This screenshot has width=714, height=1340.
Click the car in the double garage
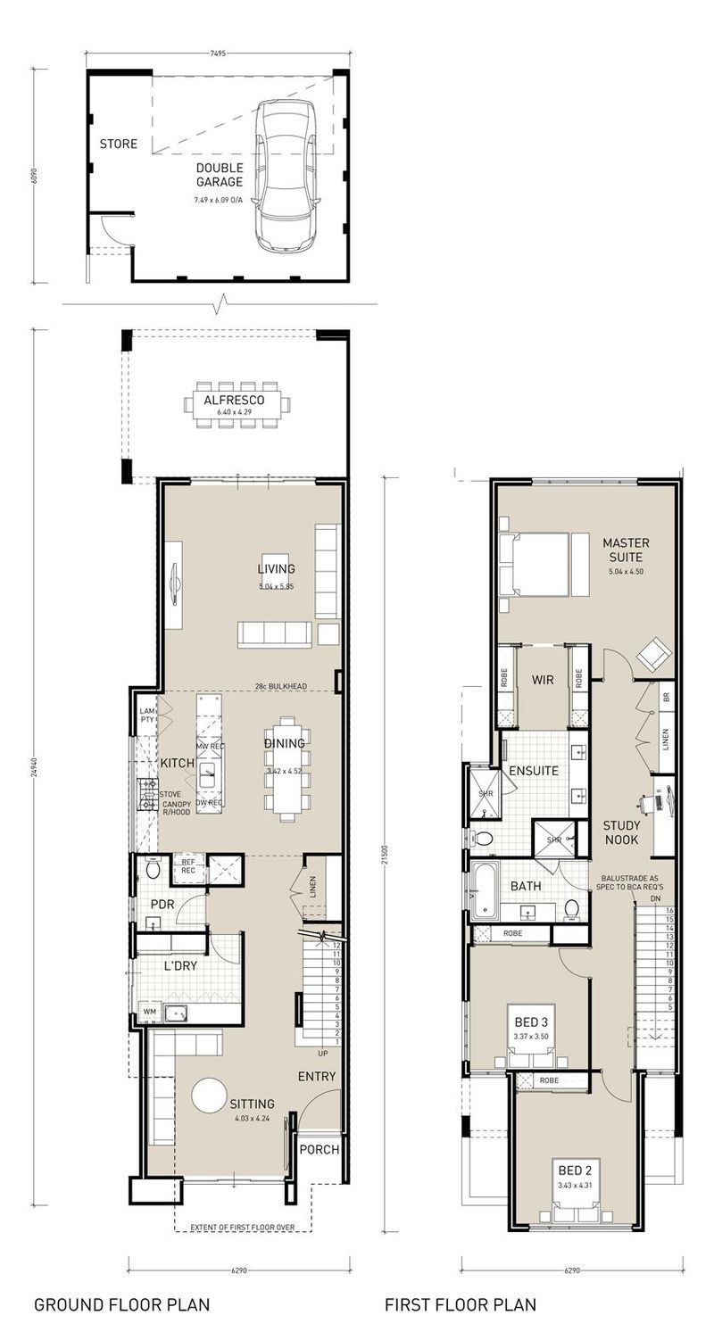click(x=285, y=175)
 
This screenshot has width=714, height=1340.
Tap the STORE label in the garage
click(x=118, y=144)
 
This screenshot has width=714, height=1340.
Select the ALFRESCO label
click(x=235, y=401)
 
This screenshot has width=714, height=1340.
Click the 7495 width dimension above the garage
click(x=218, y=54)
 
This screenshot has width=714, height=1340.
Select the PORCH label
click(x=320, y=1149)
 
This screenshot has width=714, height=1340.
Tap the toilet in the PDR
click(x=151, y=869)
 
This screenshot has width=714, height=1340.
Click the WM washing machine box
click(x=149, y=1012)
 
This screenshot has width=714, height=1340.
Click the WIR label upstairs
click(x=543, y=680)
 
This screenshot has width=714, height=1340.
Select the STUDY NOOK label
click(x=621, y=832)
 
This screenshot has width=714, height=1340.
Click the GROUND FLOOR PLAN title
click(x=121, y=1304)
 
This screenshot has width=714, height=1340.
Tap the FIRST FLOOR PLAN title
click(x=461, y=1304)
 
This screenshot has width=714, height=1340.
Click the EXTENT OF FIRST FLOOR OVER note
click(x=242, y=1228)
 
